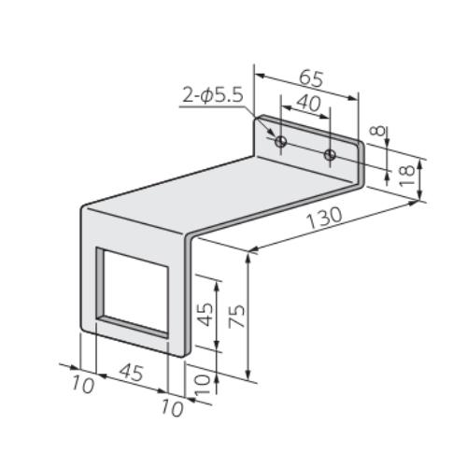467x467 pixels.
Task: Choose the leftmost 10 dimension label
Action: tap(83, 384)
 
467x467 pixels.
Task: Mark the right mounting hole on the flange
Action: tap(329, 153)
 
